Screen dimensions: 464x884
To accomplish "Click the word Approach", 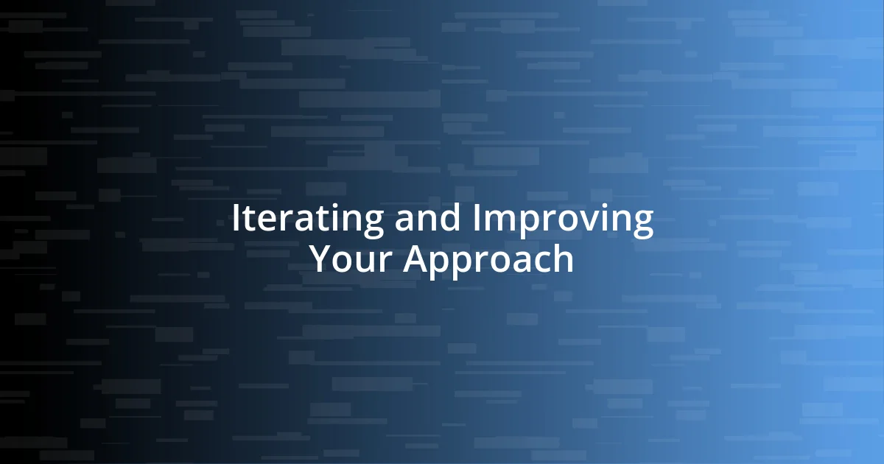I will point(488,259).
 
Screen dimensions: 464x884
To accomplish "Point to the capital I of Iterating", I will point(236,219).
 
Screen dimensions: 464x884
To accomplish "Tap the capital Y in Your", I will point(320,259).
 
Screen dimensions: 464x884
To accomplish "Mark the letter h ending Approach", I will point(563,259).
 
